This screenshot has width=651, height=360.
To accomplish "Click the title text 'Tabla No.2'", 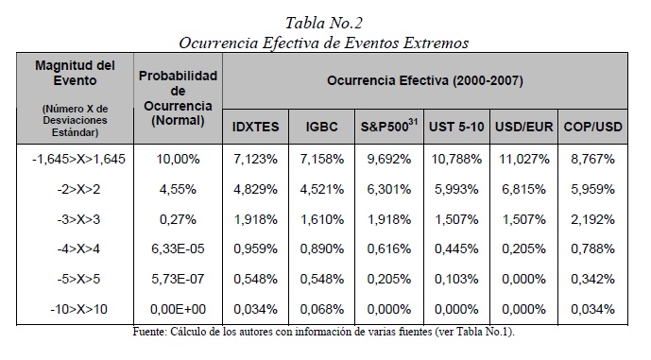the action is pos(324,23).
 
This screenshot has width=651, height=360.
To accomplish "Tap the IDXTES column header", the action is pos(255,127).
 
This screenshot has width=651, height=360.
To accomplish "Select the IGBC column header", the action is pos(322,127).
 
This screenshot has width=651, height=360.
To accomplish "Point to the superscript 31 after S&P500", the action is pos(413,122).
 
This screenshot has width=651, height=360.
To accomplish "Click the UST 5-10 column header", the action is pos(456,127).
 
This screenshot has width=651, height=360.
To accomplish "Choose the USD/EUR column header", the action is pos(524,127).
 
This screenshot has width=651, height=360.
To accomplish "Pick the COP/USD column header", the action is pos(592,127).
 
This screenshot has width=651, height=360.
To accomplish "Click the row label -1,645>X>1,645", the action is pos(78,159).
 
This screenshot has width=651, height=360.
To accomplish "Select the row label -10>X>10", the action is pos(78,309).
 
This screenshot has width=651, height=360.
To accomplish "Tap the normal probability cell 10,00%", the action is pos(178,159).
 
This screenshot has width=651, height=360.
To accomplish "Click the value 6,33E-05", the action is pos(178,249).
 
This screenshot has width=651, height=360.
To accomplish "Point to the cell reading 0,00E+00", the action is pos(178,309).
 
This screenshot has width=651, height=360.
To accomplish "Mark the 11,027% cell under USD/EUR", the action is pos(524,159).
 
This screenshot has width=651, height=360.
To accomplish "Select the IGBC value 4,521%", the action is pos(322,189).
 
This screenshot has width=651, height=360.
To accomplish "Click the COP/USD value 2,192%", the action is pos(592,219).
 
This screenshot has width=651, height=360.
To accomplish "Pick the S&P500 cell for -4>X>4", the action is pos(389,249).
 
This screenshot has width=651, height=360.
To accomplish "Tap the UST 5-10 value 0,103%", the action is pos(456,279).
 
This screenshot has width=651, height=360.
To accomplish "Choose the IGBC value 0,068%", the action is pos(322,309).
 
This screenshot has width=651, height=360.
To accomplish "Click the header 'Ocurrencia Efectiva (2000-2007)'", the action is pos(425,80).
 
